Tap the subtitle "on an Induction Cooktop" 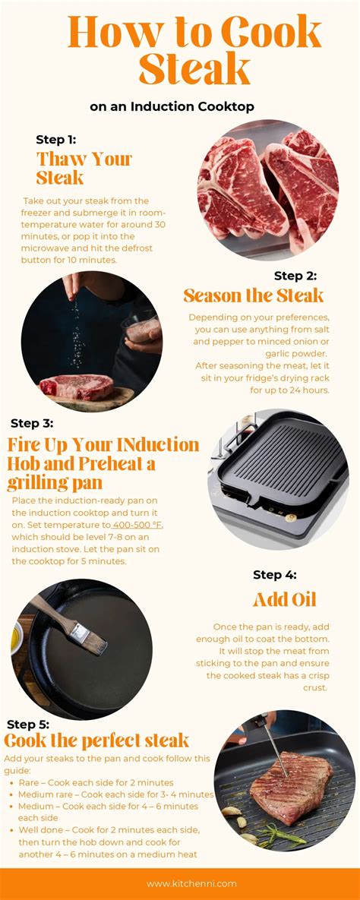point(172,106)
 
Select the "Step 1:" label point(55,140)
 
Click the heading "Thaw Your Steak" point(84,168)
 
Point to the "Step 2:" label point(295,276)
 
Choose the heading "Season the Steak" point(253,295)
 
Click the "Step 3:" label point(32,423)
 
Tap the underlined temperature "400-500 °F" point(137,525)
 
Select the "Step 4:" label point(275,574)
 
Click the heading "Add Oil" point(284,600)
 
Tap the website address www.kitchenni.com point(183,883)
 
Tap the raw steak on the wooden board point(77,387)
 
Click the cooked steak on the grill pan point(291,782)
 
